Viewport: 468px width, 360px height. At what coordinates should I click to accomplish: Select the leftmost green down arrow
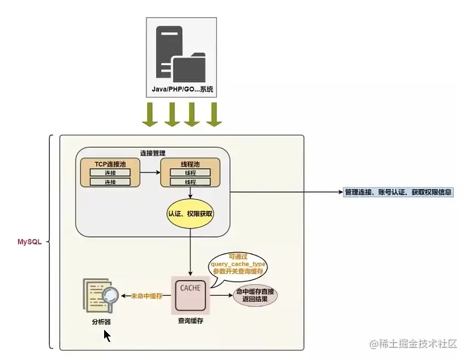tap(149, 114)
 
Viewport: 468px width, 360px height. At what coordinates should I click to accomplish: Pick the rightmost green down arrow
tap(214, 114)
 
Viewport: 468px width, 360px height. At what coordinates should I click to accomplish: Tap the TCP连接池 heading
tap(109, 163)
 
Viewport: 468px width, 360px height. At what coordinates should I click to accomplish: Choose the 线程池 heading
tap(190, 163)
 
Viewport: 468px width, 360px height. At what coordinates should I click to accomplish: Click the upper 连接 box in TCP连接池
tap(110, 173)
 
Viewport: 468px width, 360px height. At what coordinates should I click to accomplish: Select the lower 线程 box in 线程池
tap(190, 182)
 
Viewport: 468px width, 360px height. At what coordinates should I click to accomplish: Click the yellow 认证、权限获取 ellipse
tap(190, 214)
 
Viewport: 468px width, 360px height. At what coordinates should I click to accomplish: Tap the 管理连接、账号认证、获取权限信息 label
tap(398, 192)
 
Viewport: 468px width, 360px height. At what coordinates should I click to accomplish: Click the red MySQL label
tap(30, 242)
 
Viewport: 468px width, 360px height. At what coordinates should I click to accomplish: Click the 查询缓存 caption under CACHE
tap(190, 321)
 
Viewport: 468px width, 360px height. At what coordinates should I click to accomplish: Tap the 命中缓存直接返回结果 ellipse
tap(255, 295)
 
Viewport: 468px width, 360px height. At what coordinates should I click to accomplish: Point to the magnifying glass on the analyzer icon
tap(110, 294)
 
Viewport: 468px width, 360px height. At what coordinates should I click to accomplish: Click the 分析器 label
tap(101, 321)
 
